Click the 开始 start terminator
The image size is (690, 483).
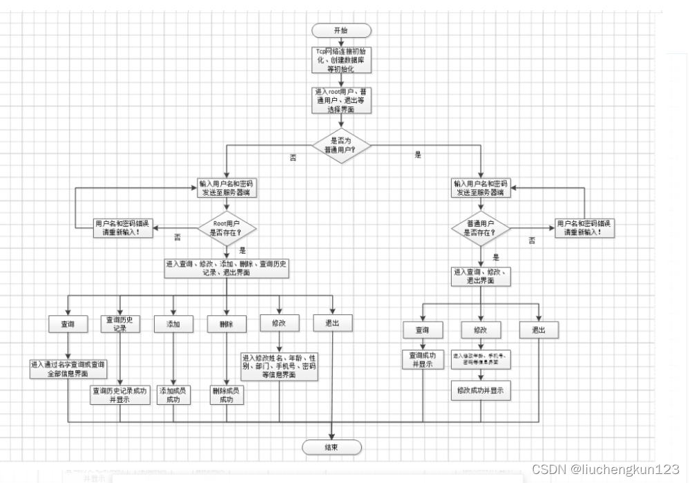click(341, 30)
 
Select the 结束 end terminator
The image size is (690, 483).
click(332, 447)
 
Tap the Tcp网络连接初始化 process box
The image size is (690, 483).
click(341, 60)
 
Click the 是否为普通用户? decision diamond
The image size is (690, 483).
click(341, 145)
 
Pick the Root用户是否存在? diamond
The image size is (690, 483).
click(227, 229)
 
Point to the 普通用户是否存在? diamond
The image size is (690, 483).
click(481, 229)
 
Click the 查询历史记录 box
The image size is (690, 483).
click(120, 323)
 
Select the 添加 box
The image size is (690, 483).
click(173, 323)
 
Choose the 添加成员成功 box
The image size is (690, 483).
click(173, 395)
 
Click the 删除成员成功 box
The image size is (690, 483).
click(227, 395)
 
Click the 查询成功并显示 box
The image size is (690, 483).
click(423, 359)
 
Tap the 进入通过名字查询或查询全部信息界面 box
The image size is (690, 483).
click(68, 368)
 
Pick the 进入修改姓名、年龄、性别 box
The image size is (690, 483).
click(279, 366)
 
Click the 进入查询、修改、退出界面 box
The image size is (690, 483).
click(481, 276)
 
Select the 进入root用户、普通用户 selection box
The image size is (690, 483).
click(341, 100)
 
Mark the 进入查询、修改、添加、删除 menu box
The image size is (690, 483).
click(227, 268)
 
